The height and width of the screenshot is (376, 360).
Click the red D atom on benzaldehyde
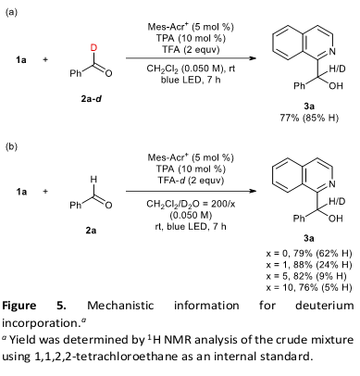coord(93,47)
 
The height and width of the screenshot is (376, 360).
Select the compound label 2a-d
coord(91,99)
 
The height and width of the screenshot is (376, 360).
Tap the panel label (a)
coord(12,12)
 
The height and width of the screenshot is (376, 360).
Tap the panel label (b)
coord(12,146)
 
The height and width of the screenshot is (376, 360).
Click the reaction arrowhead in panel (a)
coord(253,58)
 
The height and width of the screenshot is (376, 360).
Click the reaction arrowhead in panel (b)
coord(253,191)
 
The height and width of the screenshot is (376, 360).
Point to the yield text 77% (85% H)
coord(309,118)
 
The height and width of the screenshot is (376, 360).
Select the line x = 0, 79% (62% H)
coord(309,254)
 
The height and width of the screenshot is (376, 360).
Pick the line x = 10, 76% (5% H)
coord(309,287)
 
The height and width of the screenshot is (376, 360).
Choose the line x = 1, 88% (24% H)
coord(309,265)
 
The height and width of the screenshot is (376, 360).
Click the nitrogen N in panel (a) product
coord(332,52)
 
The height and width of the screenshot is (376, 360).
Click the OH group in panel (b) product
coord(336,219)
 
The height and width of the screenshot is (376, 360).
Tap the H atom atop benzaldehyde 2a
coord(93,179)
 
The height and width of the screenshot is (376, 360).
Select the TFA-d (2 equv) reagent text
coord(191,180)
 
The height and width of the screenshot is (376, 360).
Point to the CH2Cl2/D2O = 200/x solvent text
coord(191,204)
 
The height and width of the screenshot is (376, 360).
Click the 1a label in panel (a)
coord(21,59)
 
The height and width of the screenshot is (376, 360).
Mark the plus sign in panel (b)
coord(45,192)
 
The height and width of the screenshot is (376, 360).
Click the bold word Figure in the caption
coord(19,306)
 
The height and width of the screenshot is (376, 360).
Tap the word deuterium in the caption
coord(325,306)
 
